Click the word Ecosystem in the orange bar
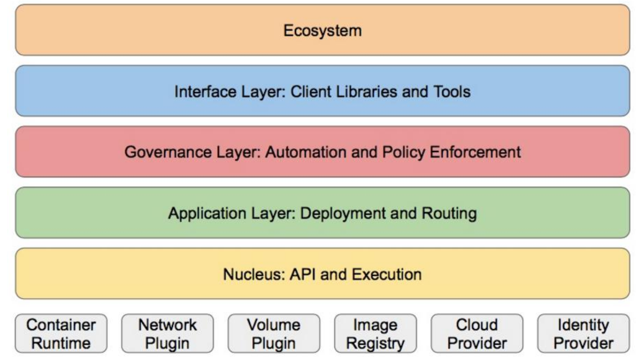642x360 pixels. coord(322,31)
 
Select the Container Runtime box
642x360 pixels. coord(61,333)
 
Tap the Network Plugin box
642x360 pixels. coord(167,333)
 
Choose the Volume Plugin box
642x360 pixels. coord(274,333)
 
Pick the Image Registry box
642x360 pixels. coord(375,333)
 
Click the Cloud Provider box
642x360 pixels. coord(477,333)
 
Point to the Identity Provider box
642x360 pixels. coord(583,333)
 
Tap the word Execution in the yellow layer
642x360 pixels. coord(386,274)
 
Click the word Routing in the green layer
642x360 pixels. coord(449,213)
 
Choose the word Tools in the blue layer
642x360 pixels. coord(452,91)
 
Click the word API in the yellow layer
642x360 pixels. coord(303,274)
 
